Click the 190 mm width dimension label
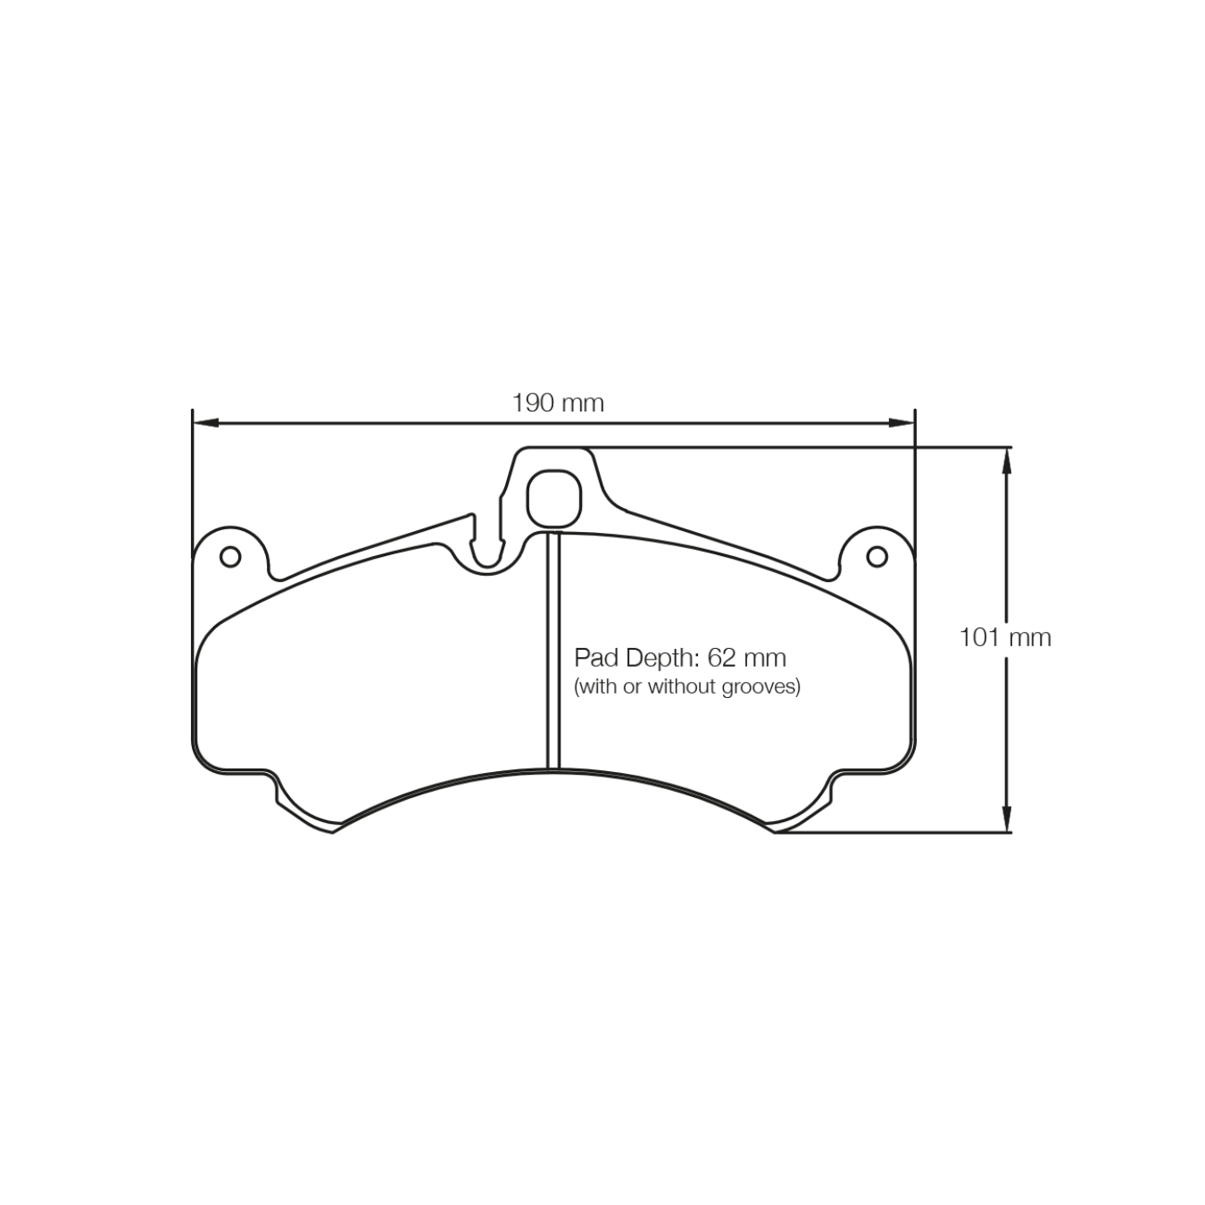click(558, 403)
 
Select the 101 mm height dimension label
click(1005, 637)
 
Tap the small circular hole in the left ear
click(230, 557)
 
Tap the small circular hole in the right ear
click(877, 557)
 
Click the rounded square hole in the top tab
click(554, 497)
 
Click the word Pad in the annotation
click(595, 659)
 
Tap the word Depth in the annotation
click(660, 659)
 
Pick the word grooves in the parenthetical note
click(765, 686)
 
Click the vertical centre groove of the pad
click(553, 652)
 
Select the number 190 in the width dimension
click(534, 403)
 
